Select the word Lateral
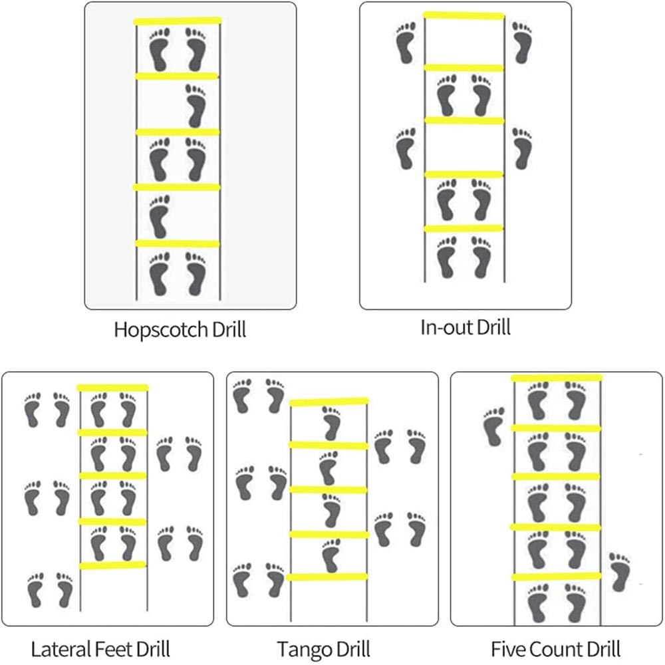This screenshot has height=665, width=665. point(58,648)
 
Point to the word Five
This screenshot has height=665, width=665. point(509,648)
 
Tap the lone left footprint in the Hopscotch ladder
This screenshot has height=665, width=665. point(159,215)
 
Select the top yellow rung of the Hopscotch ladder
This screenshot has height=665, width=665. point(178,21)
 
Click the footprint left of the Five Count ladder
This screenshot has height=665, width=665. point(493,426)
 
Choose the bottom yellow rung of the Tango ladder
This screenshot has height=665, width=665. point(327,577)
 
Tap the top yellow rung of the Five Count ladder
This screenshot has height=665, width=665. point(557,378)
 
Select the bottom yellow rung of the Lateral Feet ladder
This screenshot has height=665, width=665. point(112,565)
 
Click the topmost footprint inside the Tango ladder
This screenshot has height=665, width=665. point(331,423)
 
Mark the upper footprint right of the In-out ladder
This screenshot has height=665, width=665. point(522,42)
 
